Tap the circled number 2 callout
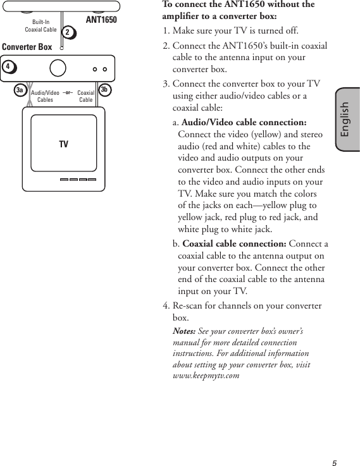68,32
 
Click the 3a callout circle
20,90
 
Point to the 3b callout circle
104,90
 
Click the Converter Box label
27,47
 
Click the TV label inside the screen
63,145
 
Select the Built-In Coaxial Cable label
40,26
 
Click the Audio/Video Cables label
45,96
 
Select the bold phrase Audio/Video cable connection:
244,122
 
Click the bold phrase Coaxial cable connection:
234,244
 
